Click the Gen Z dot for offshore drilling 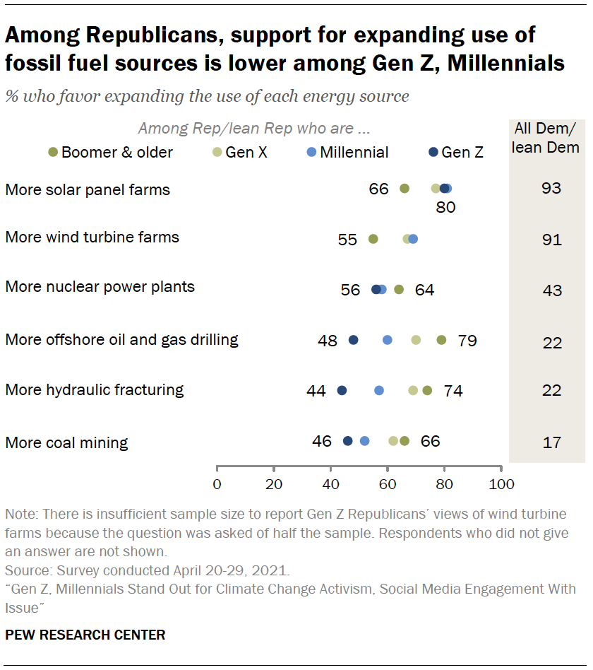click(x=353, y=340)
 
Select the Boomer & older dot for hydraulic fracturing click(x=427, y=390)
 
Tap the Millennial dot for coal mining click(x=364, y=441)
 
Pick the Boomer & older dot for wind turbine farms click(x=373, y=239)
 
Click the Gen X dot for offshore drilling click(x=416, y=340)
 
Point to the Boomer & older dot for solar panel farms click(x=405, y=189)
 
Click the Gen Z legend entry click(x=456, y=152)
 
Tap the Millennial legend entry click(x=347, y=152)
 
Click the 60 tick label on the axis click(x=388, y=484)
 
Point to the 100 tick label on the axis click(x=501, y=484)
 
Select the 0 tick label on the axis click(x=217, y=484)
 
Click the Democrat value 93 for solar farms click(x=551, y=189)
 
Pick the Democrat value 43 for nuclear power click(x=551, y=290)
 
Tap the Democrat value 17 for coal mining click(x=551, y=442)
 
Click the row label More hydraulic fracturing click(x=94, y=389)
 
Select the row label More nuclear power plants click(x=100, y=287)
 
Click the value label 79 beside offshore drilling click(x=467, y=341)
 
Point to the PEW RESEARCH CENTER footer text click(x=85, y=635)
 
